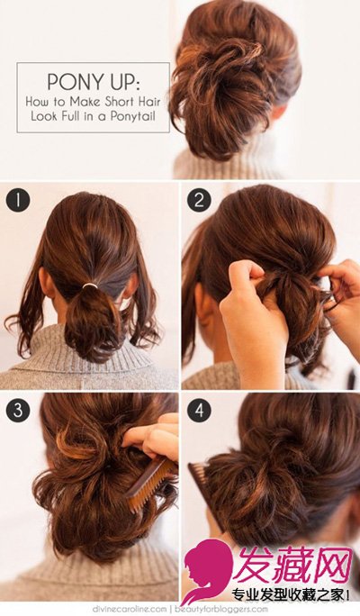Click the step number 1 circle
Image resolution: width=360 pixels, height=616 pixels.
click(x=18, y=200)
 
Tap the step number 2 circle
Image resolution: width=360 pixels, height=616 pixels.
click(x=199, y=200)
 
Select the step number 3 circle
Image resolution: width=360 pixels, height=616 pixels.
click(x=18, y=411)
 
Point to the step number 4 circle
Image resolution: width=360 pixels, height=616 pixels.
click(x=199, y=411)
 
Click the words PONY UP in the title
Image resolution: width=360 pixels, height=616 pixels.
click(x=93, y=82)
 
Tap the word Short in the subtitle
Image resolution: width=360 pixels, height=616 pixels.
click(x=120, y=102)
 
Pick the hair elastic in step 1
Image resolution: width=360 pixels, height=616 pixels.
click(x=90, y=285)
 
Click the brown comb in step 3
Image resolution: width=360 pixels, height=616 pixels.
click(x=150, y=485)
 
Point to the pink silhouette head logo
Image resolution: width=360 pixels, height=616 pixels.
click(x=207, y=571)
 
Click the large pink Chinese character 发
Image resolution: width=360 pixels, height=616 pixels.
click(x=256, y=565)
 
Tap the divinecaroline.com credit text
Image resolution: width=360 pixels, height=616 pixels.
click(x=130, y=610)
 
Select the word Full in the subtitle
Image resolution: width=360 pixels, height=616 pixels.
click(x=69, y=116)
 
